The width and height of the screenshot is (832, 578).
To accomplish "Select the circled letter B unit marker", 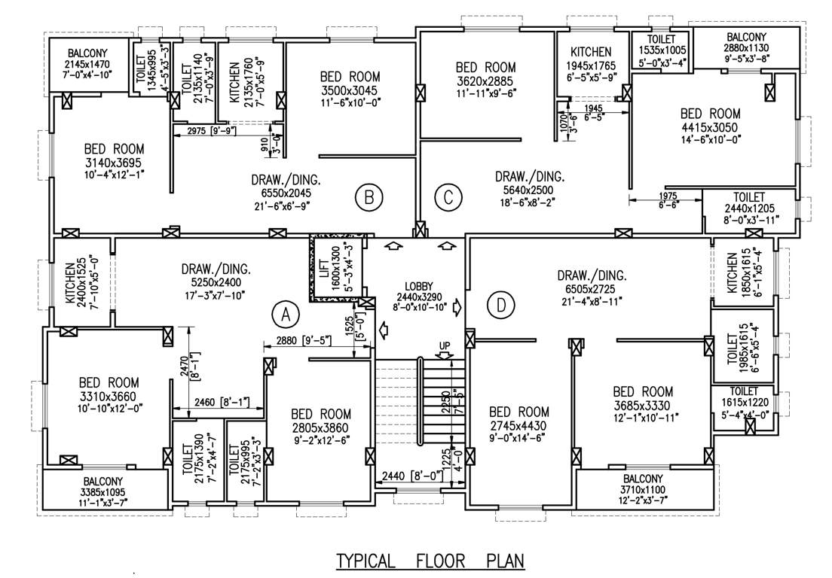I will pyautogui.click(x=369, y=198).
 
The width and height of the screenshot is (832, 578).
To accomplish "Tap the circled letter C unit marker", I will pyautogui.click(x=448, y=199).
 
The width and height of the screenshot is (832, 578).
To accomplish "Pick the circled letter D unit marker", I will pyautogui.click(x=500, y=305).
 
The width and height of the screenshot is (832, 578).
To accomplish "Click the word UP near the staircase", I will pyautogui.click(x=445, y=345).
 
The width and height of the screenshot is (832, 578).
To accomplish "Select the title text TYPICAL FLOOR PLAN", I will pyautogui.click(x=429, y=561).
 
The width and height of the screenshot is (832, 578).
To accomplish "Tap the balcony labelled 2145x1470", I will pyautogui.click(x=90, y=65).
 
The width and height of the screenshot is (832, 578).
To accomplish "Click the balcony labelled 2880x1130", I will pyautogui.click(x=746, y=47).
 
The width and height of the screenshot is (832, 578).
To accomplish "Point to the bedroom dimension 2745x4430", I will pyautogui.click(x=519, y=426).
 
